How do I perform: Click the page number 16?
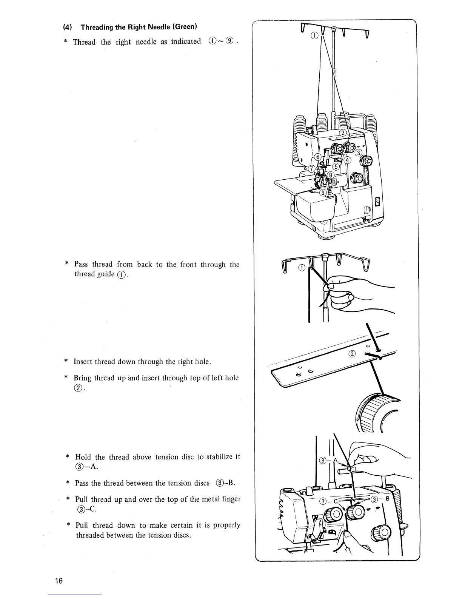pyautogui.click(x=59, y=581)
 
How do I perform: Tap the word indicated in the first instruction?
pyautogui.click(x=186, y=42)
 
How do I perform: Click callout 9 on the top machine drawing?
pyautogui.click(x=323, y=193)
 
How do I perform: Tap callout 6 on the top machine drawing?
pyautogui.click(x=318, y=157)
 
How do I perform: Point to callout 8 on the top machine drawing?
pyautogui.click(x=331, y=175)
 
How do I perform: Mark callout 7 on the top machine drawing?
pyautogui.click(x=312, y=168)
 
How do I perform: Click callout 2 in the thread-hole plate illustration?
pyautogui.click(x=352, y=353)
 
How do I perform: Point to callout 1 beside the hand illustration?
pyautogui.click(x=301, y=268)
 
